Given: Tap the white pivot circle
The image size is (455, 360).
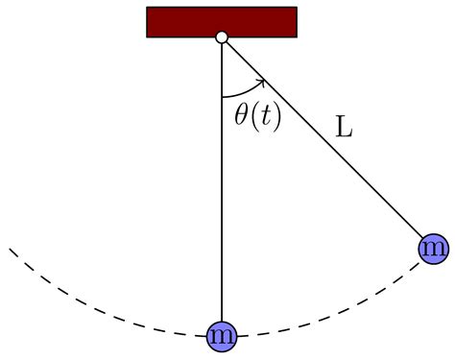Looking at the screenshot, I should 222,37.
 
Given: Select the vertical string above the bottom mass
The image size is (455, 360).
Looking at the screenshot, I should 222,192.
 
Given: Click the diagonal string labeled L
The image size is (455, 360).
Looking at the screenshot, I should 326,144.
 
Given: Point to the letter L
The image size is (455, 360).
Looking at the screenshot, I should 343,126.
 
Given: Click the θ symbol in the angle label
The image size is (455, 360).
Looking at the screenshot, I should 242,115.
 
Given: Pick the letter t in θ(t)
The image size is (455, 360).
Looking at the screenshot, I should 264,116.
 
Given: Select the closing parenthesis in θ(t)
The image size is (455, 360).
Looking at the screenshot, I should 275,116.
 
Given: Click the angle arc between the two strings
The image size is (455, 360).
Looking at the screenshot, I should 240,93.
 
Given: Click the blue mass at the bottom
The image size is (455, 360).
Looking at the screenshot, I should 222,335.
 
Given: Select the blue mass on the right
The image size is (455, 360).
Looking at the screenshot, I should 434,249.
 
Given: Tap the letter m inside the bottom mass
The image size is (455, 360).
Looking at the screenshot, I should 222,335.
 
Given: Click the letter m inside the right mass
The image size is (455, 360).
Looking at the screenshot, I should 434,249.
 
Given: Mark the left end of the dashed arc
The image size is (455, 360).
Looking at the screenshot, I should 11,249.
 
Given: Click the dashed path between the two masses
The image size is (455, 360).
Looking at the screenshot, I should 336,314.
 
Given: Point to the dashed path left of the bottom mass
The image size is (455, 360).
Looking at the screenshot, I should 106,313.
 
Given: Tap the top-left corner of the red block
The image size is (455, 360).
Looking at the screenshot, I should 147,8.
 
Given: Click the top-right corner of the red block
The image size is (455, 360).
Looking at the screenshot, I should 297,8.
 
